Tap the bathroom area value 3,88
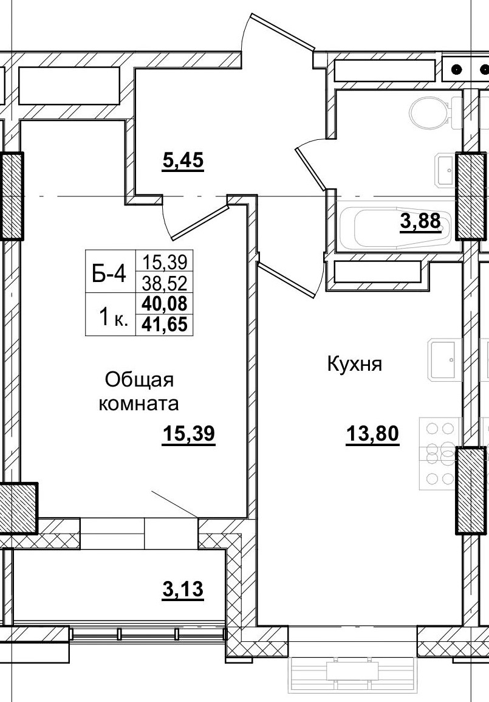(x=420, y=221)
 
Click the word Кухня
(x=354, y=365)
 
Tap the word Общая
(x=140, y=380)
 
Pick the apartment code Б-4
(x=109, y=275)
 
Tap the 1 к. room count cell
(x=113, y=315)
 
